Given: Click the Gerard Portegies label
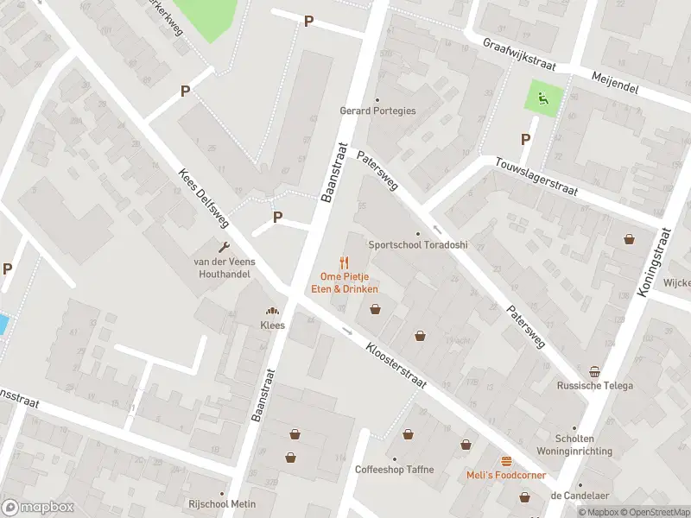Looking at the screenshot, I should (377, 111).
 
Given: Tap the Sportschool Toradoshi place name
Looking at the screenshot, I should (418, 245).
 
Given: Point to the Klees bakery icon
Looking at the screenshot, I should (273, 312).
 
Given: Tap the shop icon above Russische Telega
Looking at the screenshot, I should (594, 372).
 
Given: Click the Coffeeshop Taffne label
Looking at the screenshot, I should (394, 470).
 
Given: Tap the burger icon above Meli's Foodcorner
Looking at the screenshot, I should (505, 462).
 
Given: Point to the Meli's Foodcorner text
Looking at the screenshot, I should (505, 477).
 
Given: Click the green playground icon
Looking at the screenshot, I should (543, 99).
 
